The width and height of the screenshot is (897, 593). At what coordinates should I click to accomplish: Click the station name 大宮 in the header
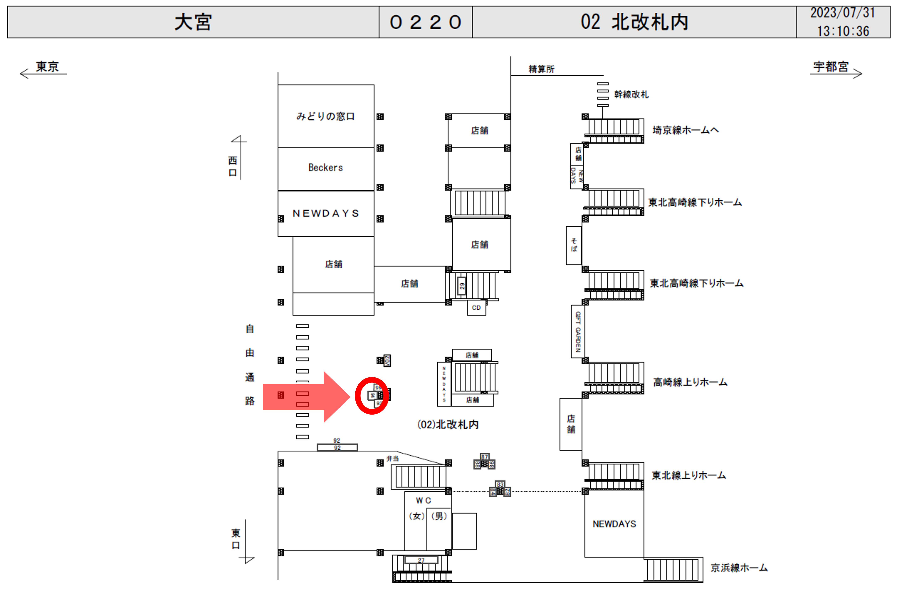(x=193, y=22)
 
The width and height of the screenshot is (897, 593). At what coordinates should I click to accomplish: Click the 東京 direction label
(x=47, y=67)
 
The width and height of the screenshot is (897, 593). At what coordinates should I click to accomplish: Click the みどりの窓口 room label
(x=325, y=116)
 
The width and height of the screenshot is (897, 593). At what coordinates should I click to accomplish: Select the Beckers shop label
(x=325, y=167)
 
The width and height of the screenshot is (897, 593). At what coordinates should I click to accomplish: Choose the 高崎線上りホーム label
(x=690, y=382)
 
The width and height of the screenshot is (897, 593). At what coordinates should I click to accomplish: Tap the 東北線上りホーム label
(x=689, y=475)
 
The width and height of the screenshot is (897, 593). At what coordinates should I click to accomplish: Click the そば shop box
(x=573, y=245)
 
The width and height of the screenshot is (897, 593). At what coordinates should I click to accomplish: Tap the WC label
(x=423, y=501)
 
